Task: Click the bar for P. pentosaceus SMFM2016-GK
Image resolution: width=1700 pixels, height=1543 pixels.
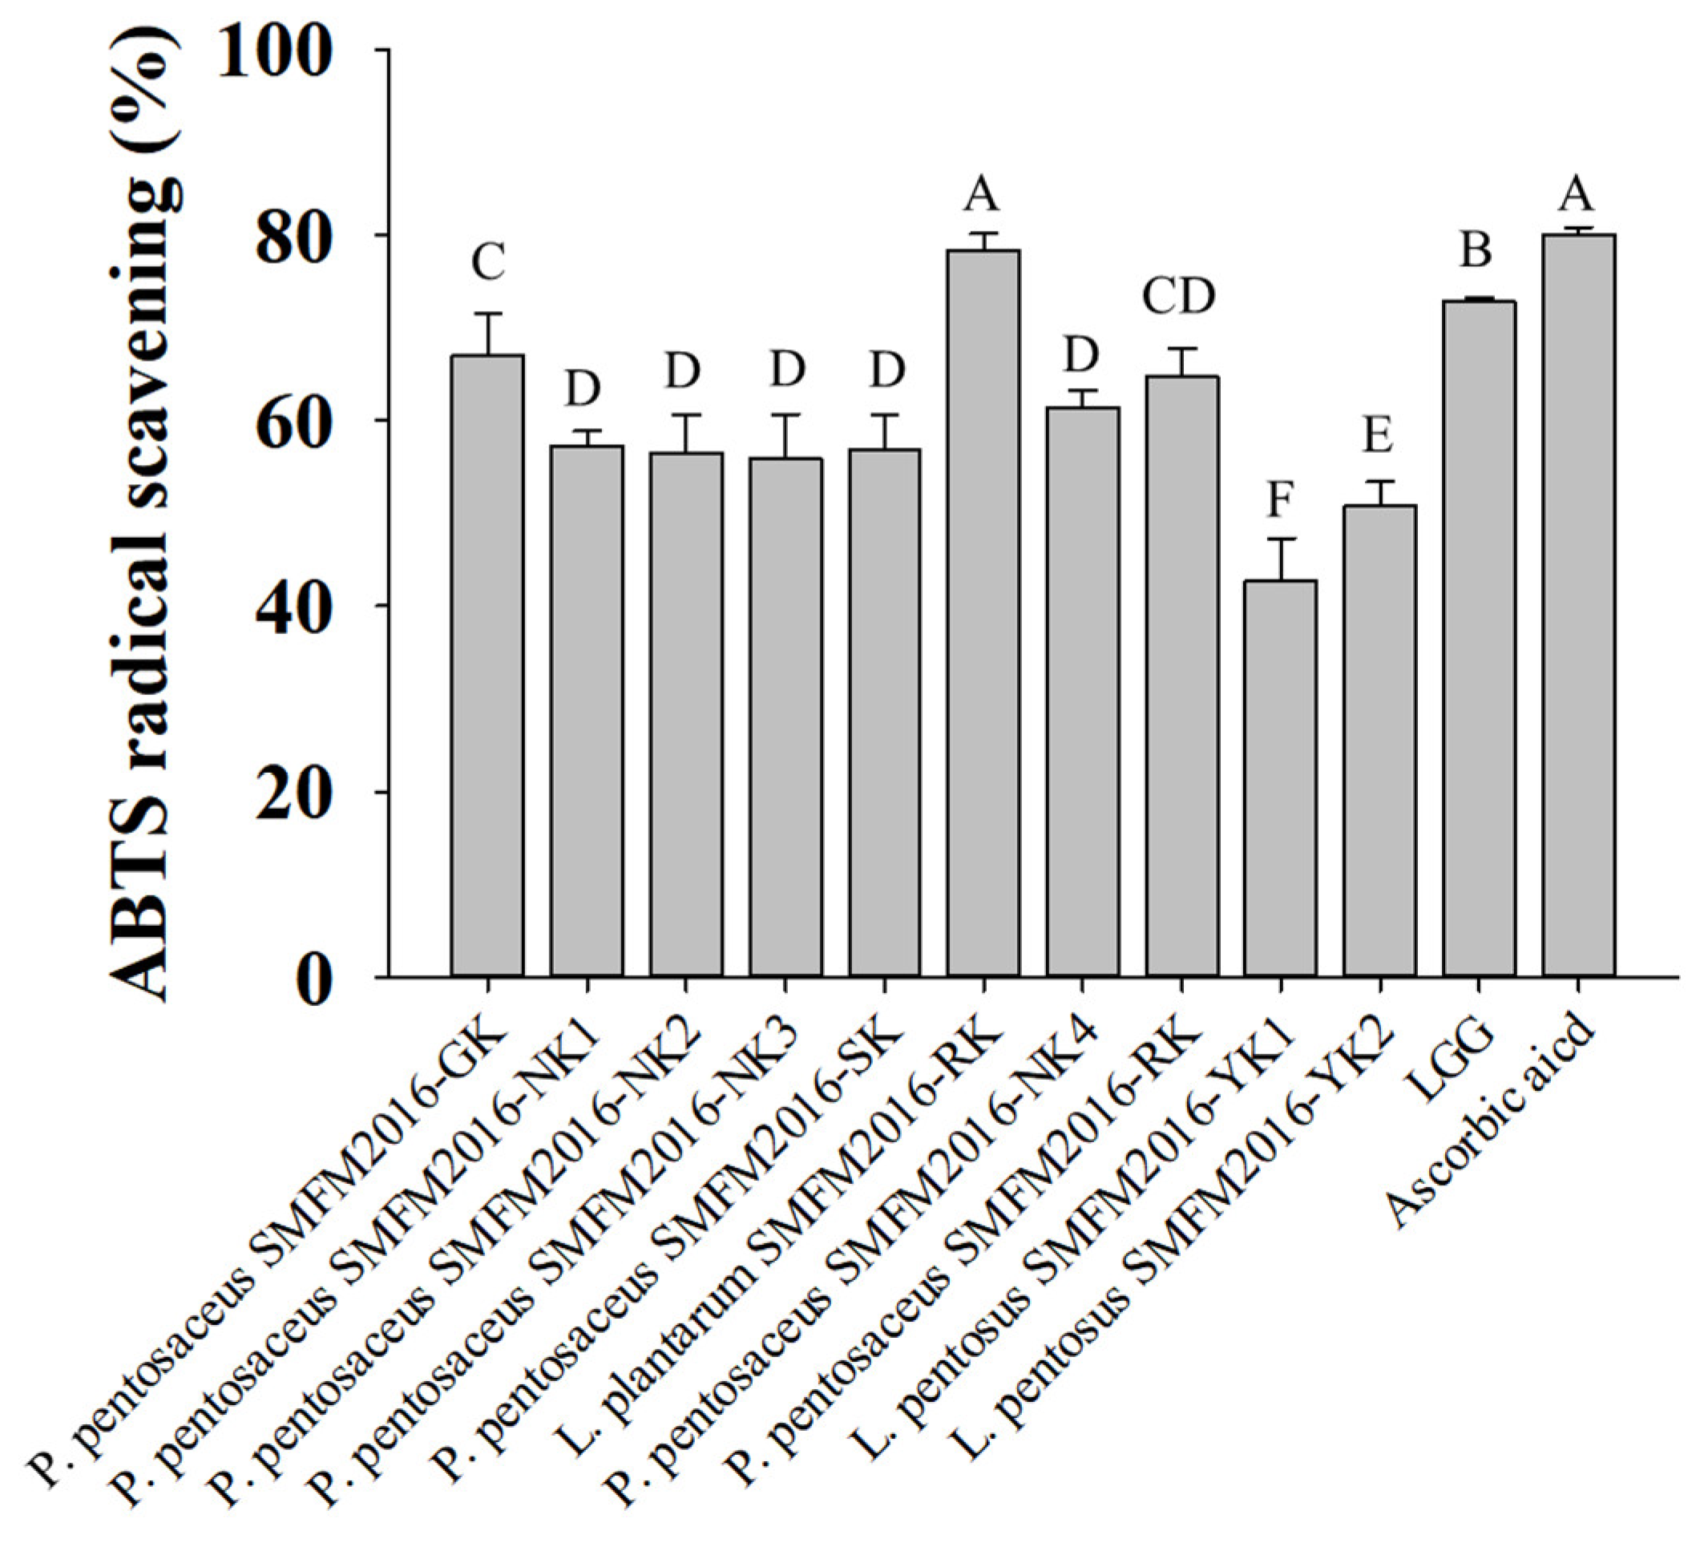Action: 487,666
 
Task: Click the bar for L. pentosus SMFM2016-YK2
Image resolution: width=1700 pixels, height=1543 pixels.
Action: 1379,741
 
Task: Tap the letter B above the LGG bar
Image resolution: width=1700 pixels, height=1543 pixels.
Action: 1476,250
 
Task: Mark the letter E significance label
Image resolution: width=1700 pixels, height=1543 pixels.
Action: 1378,436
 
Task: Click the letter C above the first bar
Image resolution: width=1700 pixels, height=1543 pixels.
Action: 488,262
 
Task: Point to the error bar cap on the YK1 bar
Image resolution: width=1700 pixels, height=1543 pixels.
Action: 1280,539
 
